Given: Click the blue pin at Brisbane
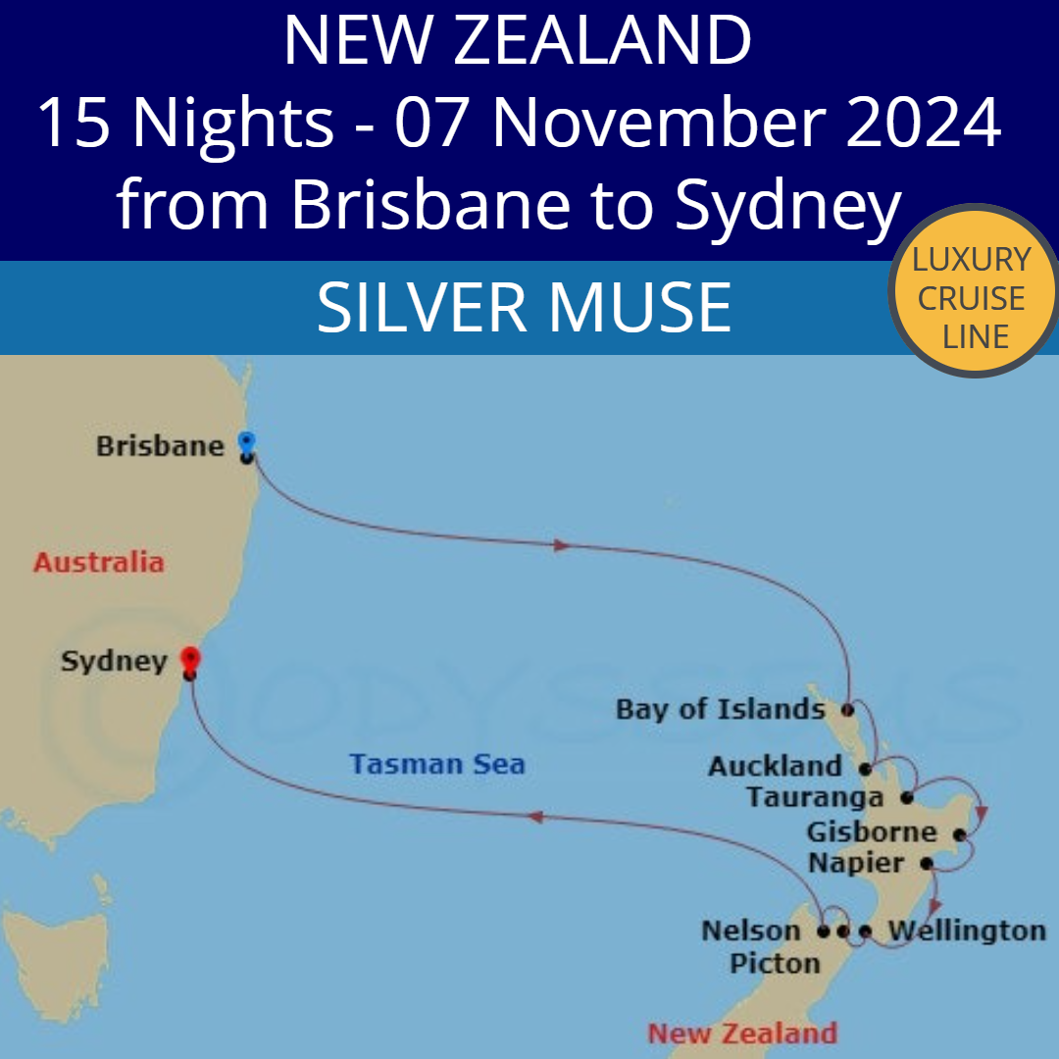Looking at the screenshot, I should pyautogui.click(x=246, y=442).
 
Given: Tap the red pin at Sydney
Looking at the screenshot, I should pyautogui.click(x=190, y=658).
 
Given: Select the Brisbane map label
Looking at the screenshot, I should pyautogui.click(x=161, y=447).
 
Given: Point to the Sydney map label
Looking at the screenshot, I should pyautogui.click(x=114, y=661).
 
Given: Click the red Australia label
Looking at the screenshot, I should pyautogui.click(x=98, y=563).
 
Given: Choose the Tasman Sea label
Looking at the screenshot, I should pyautogui.click(x=437, y=764).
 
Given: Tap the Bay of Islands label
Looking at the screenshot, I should pyautogui.click(x=720, y=709).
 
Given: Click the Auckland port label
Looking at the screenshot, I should pyautogui.click(x=775, y=766).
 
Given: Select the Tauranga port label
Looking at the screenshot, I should pyautogui.click(x=814, y=797).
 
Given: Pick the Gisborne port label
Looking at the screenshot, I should pyautogui.click(x=872, y=832).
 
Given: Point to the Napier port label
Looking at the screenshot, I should pyautogui.click(x=856, y=864).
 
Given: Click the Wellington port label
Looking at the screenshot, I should pyautogui.click(x=966, y=930).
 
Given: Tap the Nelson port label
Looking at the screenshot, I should pyautogui.click(x=751, y=930).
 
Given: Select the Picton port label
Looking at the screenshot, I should pyautogui.click(x=775, y=964).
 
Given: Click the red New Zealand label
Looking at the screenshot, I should pyautogui.click(x=742, y=1033).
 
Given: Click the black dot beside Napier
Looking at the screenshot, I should pyautogui.click(x=926, y=865).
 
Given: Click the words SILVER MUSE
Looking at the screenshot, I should pyautogui.click(x=524, y=307).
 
